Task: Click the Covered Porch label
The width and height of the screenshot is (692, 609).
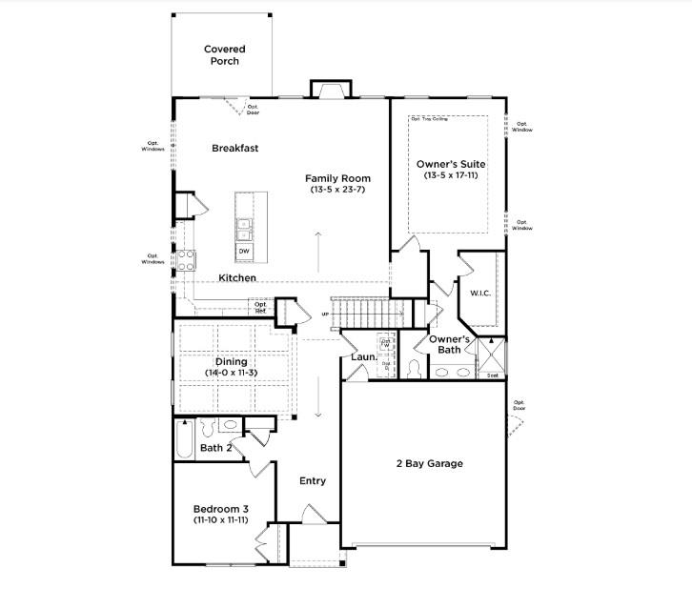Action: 224,55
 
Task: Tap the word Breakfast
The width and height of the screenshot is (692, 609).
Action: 234,149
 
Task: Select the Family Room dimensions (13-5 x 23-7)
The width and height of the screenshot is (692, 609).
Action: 337,190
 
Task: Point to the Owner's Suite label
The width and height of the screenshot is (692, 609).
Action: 447,164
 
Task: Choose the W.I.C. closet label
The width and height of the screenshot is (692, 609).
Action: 479,293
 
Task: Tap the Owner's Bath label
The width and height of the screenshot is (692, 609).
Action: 449,344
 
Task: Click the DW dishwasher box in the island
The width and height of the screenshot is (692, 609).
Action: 244,251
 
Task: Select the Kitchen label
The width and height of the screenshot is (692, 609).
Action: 236,278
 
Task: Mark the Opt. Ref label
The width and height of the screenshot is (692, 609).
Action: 259,308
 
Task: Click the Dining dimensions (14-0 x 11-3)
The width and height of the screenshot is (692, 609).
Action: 231,373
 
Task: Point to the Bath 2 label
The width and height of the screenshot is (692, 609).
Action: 215,447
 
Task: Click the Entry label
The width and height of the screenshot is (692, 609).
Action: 313,480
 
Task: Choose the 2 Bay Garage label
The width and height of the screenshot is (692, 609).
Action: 429,464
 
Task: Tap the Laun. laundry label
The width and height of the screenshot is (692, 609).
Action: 364,357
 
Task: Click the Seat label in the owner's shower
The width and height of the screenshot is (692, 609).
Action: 493,375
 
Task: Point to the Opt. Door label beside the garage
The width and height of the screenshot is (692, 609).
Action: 519,405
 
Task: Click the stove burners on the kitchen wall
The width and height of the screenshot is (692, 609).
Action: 185,260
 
